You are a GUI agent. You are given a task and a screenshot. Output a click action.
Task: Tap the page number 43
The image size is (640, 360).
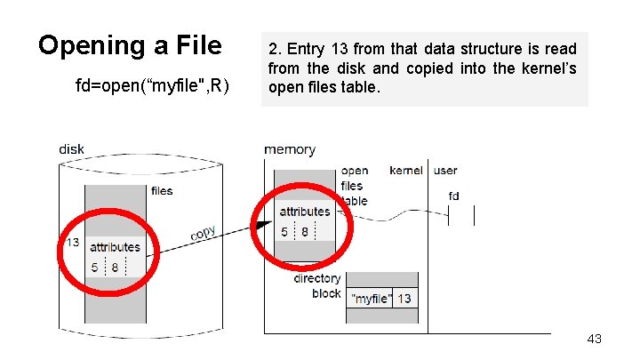[595, 339]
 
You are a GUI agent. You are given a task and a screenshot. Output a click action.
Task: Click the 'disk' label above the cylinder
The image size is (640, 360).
[71, 149]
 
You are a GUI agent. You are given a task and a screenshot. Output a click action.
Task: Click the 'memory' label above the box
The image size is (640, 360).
[290, 149]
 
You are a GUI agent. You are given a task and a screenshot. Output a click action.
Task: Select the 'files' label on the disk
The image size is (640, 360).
[162, 190]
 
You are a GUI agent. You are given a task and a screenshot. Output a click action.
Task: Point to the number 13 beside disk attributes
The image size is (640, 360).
[72, 242]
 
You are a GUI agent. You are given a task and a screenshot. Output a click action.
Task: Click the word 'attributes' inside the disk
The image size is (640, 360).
[115, 247]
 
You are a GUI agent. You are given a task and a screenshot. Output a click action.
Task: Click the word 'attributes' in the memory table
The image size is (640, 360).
[305, 212]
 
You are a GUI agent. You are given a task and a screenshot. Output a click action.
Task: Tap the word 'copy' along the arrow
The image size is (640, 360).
[203, 234]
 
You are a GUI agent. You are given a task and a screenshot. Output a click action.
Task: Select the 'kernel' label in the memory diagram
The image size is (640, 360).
[406, 171]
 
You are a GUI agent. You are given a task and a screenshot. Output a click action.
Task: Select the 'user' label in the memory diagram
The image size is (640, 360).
[445, 171]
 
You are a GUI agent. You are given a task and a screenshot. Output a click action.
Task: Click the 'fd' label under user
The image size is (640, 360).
[453, 196]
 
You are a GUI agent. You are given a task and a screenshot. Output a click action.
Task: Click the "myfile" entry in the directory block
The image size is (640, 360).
[371, 299]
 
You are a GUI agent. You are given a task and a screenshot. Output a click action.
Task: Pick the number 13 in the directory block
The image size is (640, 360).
[404, 299]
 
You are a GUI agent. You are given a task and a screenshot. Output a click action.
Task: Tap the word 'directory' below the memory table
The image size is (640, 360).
[317, 278]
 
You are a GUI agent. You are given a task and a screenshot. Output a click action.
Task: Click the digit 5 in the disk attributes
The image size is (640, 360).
[94, 267]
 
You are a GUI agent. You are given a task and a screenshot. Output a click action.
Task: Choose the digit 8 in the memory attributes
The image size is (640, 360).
[305, 232]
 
